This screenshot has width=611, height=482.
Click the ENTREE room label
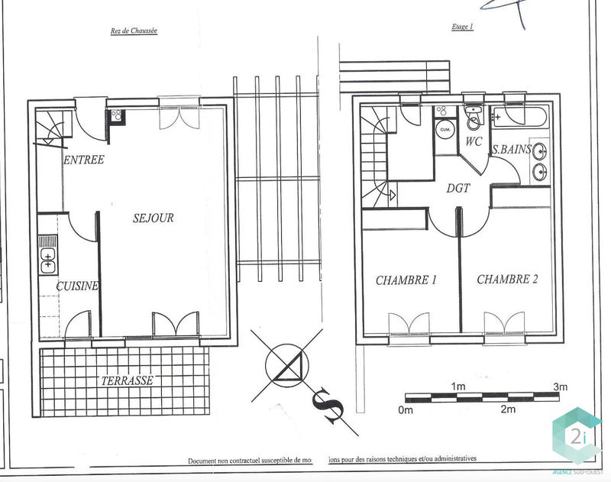[x=84, y=160]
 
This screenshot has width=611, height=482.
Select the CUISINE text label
[x=77, y=286]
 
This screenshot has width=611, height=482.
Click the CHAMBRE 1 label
[x=406, y=280]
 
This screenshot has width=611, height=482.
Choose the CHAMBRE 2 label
[x=507, y=280]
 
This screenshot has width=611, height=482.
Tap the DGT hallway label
[x=458, y=187]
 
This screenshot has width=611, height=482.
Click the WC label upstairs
[x=474, y=142]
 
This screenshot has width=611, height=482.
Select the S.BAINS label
[x=512, y=149]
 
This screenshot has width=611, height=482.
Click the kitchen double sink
[x=48, y=260]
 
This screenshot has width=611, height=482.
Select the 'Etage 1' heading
[x=463, y=27]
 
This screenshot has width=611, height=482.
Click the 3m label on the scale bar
[x=560, y=387]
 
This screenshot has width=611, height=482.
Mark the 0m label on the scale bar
[x=406, y=410]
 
